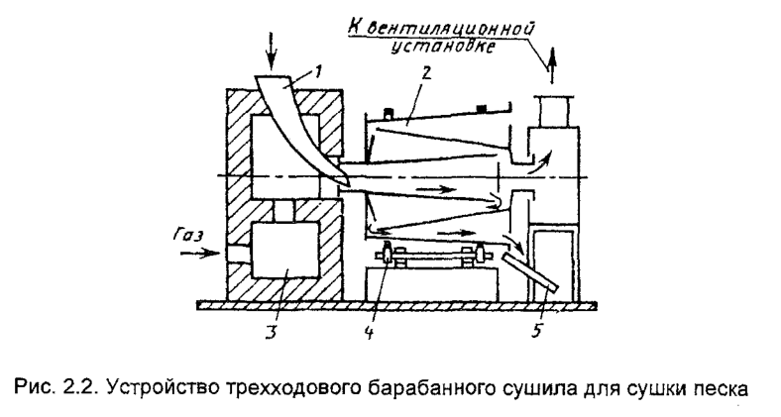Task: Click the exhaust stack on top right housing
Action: point(552,111)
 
